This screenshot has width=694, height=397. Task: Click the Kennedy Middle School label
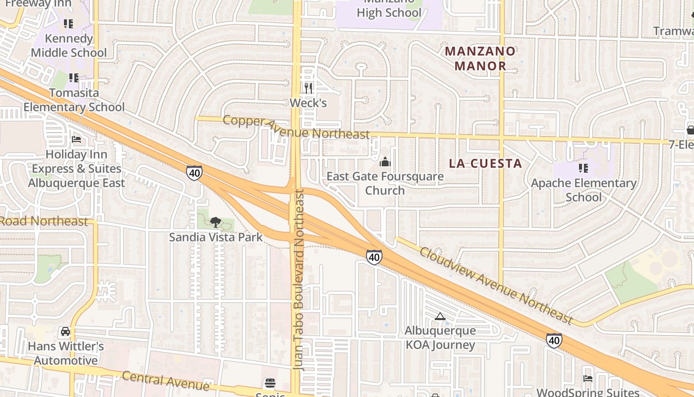[x=68, y=46]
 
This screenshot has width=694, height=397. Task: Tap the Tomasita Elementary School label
[x=74, y=100]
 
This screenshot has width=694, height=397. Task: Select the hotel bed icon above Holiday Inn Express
[x=76, y=139]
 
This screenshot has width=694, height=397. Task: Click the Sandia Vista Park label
[x=216, y=237]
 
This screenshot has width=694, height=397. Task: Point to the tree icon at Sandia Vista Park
[x=215, y=222]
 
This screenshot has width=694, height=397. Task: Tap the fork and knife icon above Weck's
[x=308, y=88]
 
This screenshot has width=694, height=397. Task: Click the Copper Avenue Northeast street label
[x=296, y=128]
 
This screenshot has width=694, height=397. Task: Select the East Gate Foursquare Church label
[x=385, y=183]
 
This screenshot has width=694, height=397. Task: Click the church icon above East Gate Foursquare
[x=385, y=162]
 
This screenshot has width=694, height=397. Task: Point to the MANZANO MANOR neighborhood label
[x=480, y=59]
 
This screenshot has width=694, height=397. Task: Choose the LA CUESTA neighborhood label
[x=485, y=163]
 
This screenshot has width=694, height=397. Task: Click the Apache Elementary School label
[x=583, y=190]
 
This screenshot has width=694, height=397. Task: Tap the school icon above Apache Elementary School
[x=583, y=168]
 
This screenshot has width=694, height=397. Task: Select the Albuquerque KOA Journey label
[x=440, y=337]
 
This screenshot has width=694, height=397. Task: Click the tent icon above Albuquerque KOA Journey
[x=440, y=316]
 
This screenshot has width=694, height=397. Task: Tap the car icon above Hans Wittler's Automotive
[x=65, y=331]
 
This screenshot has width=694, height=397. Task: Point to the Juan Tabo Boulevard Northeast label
[x=298, y=280]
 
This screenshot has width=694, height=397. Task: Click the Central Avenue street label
[x=166, y=381]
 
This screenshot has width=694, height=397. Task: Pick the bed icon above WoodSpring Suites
[x=588, y=378]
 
